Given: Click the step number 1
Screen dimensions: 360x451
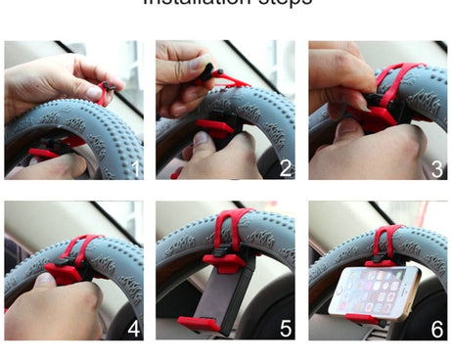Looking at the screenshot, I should (x=134, y=168).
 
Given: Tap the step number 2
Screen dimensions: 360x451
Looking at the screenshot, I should (x=286, y=168).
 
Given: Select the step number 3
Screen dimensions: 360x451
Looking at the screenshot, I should (x=437, y=168).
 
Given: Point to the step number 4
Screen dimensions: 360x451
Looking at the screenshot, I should (x=134, y=329).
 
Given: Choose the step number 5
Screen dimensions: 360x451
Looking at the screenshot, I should (x=286, y=329).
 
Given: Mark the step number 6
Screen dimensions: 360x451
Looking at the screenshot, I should (x=437, y=329).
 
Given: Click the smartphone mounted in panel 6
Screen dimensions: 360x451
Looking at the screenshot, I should (x=374, y=292).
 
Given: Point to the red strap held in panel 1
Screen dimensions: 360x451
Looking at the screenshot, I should (x=103, y=95).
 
